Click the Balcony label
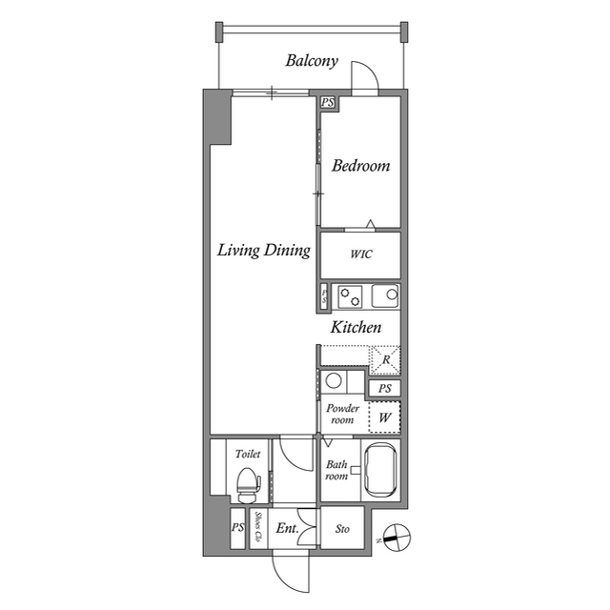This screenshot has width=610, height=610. [312, 61]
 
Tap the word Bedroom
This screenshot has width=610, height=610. [360, 166]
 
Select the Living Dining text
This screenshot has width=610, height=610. [264, 251]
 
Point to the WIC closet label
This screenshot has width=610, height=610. [360, 254]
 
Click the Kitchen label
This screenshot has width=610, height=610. [356, 327]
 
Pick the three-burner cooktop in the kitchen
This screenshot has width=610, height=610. [350, 295]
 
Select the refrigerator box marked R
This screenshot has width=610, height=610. [385, 359]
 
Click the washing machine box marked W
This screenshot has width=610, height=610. [384, 417]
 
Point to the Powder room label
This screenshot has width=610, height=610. [342, 414]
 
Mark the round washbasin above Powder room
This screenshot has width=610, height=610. [334, 381]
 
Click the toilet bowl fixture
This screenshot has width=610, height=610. [248, 483]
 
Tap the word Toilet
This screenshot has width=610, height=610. [248, 455]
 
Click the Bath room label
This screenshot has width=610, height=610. [336, 470]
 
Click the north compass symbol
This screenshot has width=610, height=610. [396, 538]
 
